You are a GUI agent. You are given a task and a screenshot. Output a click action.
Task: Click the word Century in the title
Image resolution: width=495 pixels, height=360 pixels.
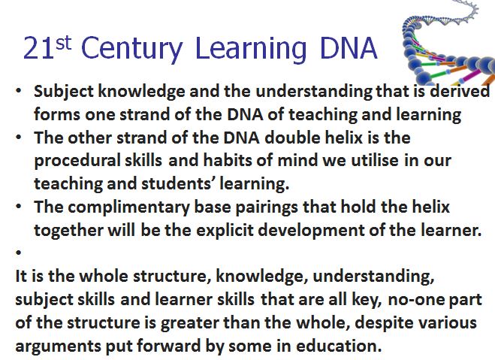tap(132, 49)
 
